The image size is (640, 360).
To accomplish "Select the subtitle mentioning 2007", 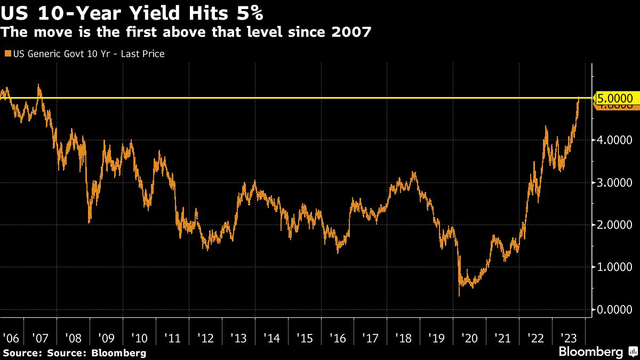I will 186,33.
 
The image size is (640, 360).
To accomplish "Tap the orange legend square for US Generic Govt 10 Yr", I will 7,54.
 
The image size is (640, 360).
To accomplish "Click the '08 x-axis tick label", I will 73,338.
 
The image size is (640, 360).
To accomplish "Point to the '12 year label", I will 205,338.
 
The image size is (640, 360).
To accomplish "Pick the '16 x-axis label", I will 337,338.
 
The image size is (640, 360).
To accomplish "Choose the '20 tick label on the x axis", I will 469,338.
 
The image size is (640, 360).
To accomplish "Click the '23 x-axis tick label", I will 568,338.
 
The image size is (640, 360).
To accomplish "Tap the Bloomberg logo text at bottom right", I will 591,352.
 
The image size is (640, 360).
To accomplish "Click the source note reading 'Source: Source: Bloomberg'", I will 74,353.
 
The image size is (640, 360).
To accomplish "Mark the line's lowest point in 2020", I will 459,295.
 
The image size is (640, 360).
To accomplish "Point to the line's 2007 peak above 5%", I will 39,85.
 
